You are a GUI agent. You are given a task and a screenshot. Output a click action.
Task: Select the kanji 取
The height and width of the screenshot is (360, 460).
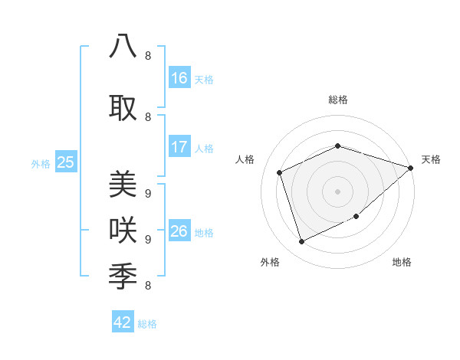click(x=123, y=108)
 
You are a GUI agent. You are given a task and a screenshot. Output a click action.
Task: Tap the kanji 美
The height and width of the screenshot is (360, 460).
click(x=123, y=185)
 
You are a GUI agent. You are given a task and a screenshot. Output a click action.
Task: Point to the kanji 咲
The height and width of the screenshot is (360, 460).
click(x=123, y=230)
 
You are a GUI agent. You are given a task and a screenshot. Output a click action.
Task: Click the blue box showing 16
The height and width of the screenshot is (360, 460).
click(x=179, y=78)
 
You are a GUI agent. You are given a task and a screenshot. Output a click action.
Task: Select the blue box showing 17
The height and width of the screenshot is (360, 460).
click(x=179, y=147)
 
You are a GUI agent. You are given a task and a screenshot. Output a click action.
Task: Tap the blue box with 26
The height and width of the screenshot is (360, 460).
click(x=179, y=231)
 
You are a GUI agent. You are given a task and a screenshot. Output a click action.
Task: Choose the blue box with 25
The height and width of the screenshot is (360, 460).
click(x=65, y=162)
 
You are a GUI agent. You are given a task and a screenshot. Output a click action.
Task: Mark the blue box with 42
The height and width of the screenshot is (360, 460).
click(x=123, y=322)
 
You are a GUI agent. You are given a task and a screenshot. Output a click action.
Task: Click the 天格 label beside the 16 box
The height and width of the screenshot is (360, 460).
click(x=204, y=79)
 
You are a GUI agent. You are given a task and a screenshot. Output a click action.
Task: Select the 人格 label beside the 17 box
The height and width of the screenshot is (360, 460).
click(x=204, y=148)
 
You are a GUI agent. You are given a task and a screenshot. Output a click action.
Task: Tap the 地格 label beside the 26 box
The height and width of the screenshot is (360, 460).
click(x=204, y=232)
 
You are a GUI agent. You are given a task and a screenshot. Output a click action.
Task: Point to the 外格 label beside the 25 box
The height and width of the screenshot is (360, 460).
click(x=41, y=163)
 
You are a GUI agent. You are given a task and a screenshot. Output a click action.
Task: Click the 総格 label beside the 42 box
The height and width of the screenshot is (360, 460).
click(x=147, y=323)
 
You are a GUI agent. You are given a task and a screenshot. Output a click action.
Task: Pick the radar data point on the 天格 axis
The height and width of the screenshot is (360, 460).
click(x=411, y=169)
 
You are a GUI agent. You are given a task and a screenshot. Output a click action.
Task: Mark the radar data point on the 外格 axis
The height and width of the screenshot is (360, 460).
click(x=302, y=242)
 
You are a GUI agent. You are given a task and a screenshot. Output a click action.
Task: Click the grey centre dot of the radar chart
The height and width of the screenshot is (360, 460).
click(x=337, y=191)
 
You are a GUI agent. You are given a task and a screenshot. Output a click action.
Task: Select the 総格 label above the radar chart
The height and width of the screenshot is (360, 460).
click(x=337, y=100)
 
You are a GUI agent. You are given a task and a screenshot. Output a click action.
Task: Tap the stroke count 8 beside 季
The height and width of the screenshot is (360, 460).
click(x=147, y=286)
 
